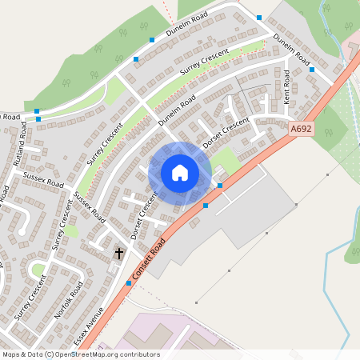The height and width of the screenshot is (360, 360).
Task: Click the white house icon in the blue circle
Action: pyautogui.click(x=180, y=173)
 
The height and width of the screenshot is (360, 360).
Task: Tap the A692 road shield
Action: pyautogui.click(x=302, y=128)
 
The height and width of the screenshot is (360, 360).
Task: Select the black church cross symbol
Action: pyautogui.click(x=119, y=253)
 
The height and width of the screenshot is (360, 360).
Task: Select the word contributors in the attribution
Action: pyautogui.click(x=140, y=354)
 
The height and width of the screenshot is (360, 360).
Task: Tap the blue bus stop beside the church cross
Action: pyautogui.click(x=129, y=282)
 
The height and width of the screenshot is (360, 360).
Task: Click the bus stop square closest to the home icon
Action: pyautogui.click(x=220, y=186)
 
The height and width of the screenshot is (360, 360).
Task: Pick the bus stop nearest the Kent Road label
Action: pyautogui.click(x=312, y=70)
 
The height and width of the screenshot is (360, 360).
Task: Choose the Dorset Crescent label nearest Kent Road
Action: pyautogui.click(x=226, y=134)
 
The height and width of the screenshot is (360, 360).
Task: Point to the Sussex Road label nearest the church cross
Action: pyautogui.click(x=89, y=206)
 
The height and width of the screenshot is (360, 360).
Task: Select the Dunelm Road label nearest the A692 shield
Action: pyautogui.click(x=291, y=50)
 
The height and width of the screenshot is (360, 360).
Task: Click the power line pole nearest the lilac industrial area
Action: pyautogui.click(x=195, y=303)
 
